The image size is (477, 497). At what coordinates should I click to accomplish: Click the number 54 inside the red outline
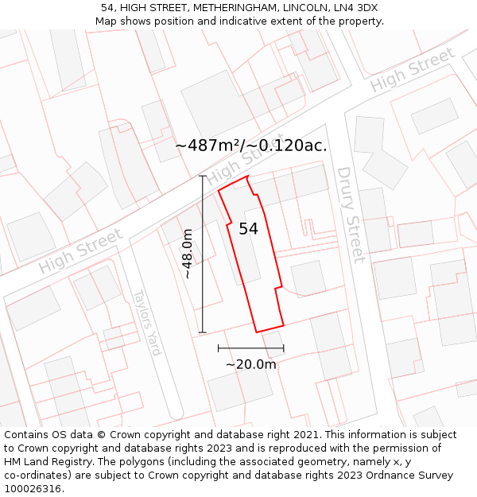click(x=248, y=229)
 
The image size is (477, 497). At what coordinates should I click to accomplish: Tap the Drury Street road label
click(x=351, y=214)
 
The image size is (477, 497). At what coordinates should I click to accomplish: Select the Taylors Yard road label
click(x=147, y=321)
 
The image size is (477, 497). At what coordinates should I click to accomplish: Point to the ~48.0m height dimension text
click(x=188, y=253)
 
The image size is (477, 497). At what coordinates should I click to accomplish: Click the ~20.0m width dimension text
click(x=250, y=364)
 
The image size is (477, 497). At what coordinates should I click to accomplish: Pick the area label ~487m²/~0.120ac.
click(x=250, y=146)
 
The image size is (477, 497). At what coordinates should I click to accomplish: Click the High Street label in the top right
click(x=412, y=69)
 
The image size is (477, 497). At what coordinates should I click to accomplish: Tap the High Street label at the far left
click(x=80, y=251)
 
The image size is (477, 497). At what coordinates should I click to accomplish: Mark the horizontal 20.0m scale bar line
click(x=250, y=348)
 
